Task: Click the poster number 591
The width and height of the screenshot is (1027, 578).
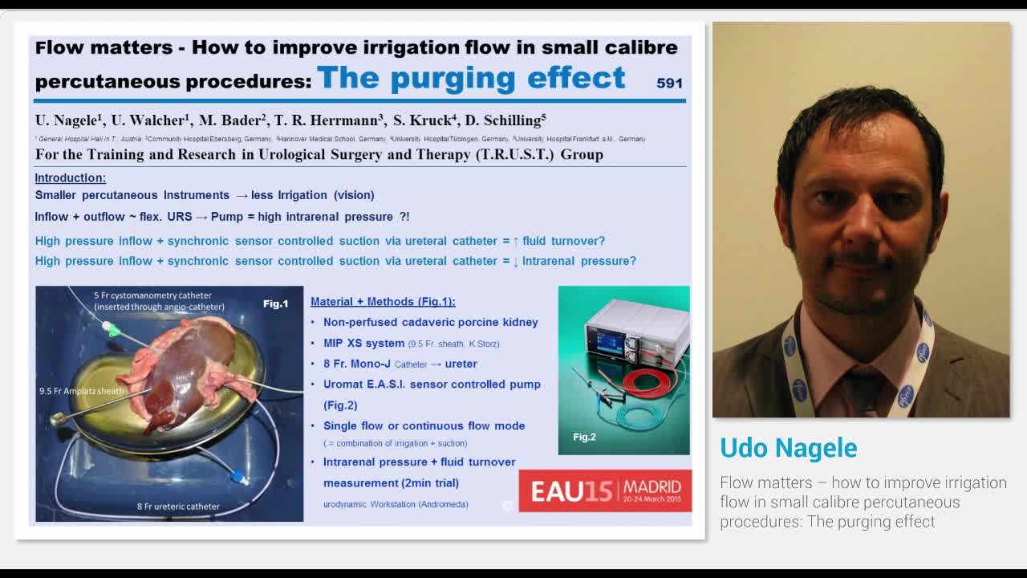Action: coord(669,83)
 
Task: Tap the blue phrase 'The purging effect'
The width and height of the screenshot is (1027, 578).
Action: coord(471,78)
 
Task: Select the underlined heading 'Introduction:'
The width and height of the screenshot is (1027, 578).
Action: coord(71,177)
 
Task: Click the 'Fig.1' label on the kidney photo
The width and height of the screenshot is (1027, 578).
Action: coord(275,303)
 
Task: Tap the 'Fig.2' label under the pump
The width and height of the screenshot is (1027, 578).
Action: coord(584,437)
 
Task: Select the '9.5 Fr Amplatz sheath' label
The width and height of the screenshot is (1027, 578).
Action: coord(83,391)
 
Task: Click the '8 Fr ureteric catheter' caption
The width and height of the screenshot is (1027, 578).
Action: coord(178,507)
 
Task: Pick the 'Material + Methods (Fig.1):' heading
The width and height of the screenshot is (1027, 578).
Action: coord(383,302)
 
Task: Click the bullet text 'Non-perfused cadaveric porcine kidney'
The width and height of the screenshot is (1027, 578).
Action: coord(431,322)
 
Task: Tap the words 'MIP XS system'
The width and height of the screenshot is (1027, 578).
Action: coord(363,343)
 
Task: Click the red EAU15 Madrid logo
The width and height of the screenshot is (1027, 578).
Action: coord(605,490)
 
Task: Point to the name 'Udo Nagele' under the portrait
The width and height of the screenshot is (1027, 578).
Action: coord(788,448)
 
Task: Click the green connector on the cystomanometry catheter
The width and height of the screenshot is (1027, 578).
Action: coord(112,329)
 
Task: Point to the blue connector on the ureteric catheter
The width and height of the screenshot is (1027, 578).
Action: coord(238,477)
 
